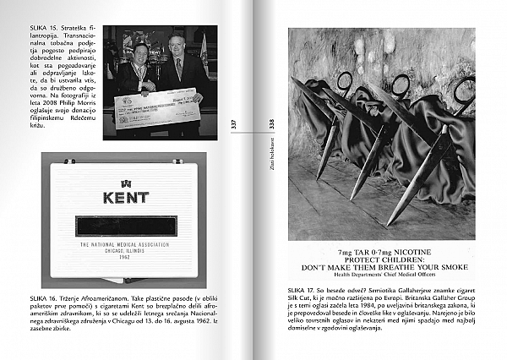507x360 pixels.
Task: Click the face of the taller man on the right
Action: coord(177,46)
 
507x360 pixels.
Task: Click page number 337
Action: coord(234,123)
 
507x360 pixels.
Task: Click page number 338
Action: coord(272,123)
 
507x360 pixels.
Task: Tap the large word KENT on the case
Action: coord(125,198)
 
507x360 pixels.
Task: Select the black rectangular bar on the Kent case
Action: coord(125,226)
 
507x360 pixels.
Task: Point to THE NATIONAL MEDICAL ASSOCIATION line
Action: coord(125,243)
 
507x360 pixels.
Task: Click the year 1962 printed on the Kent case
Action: coord(125,257)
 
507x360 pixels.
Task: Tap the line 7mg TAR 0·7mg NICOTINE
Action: coord(380,252)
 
